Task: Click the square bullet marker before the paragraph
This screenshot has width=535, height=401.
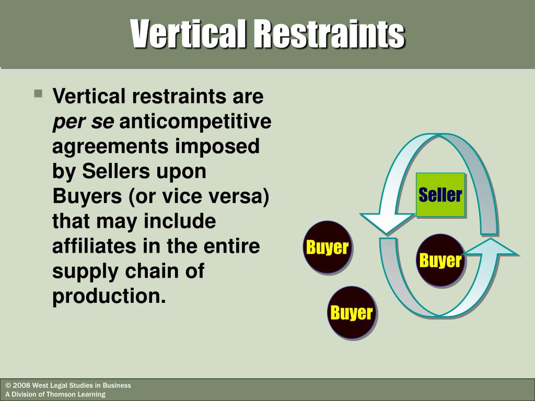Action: (38, 95)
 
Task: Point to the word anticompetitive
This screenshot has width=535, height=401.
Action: (196, 122)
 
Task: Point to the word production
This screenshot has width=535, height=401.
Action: (108, 297)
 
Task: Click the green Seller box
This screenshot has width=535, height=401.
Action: (440, 195)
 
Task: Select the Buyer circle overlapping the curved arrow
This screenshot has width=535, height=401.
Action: (440, 260)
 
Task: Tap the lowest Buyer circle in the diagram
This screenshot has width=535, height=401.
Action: (352, 313)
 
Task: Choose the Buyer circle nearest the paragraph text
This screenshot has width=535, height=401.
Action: (327, 247)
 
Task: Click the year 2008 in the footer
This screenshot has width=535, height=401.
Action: (21, 385)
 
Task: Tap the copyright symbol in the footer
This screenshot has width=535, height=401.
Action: (8, 385)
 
